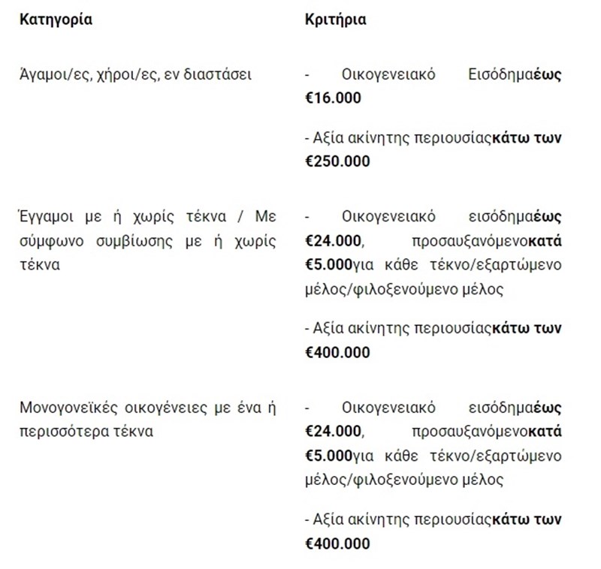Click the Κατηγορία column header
(x=56, y=20)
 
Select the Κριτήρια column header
(x=336, y=20)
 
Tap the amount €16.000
(x=333, y=98)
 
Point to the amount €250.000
(x=337, y=161)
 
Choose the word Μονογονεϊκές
(x=62, y=408)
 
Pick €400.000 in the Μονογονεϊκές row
(x=337, y=543)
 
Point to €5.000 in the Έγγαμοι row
(x=329, y=265)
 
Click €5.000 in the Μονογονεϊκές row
(x=329, y=456)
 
